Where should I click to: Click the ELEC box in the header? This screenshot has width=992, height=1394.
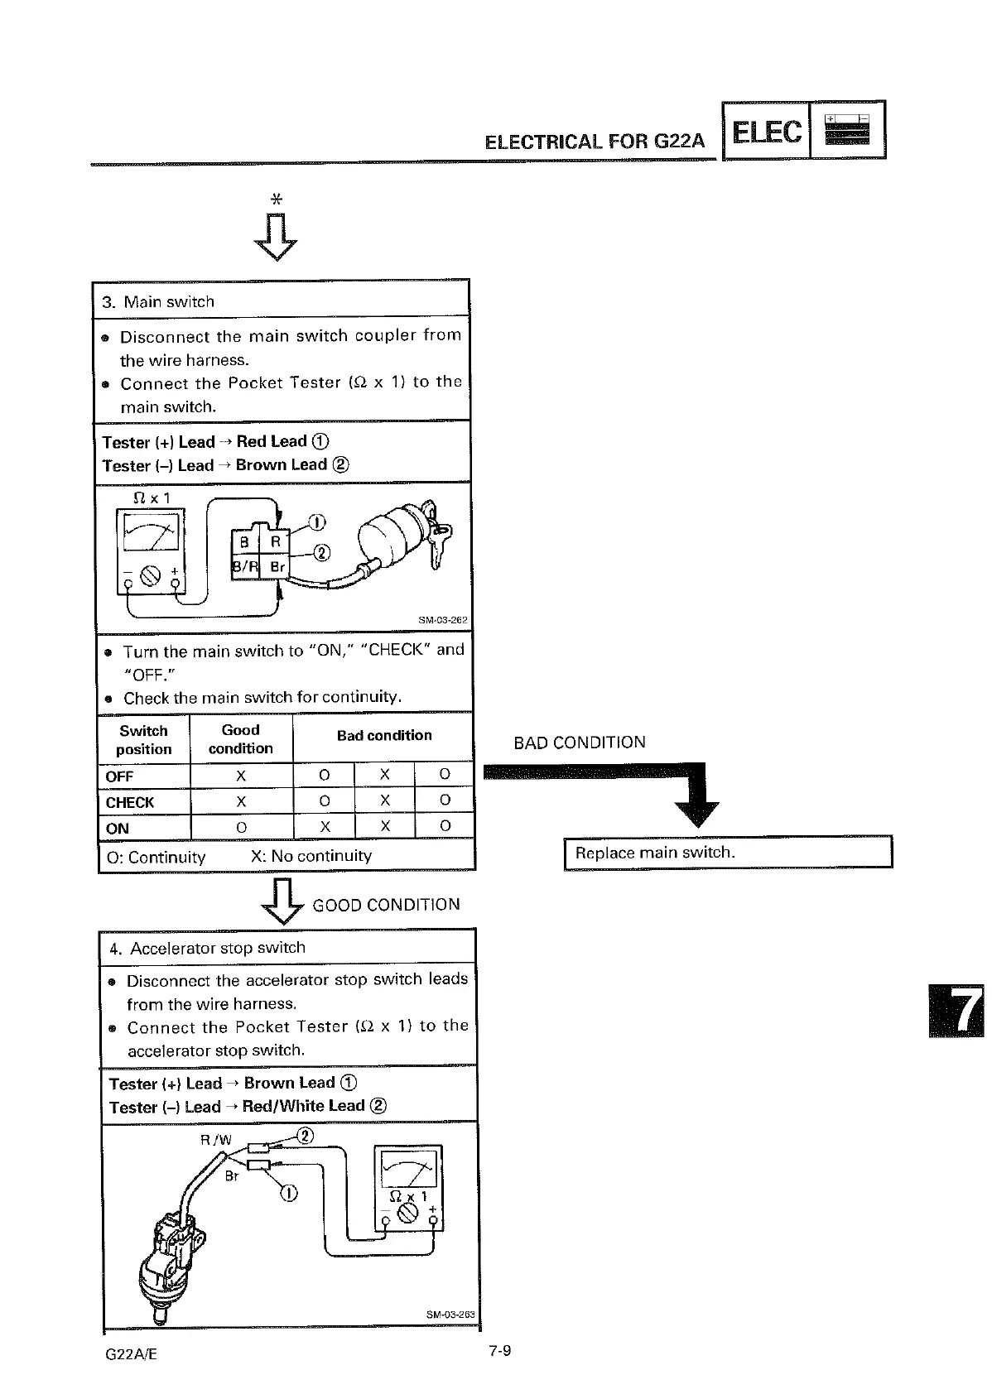click(x=767, y=131)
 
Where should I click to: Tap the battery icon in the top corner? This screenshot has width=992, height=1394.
click(x=846, y=130)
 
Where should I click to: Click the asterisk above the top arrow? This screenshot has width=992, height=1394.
click(x=277, y=199)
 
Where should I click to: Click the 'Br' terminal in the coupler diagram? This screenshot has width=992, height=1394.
click(x=277, y=567)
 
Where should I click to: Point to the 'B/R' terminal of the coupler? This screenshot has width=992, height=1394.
click(x=245, y=567)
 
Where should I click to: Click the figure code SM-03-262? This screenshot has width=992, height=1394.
click(x=444, y=620)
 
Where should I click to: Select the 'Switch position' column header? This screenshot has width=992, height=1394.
click(x=144, y=740)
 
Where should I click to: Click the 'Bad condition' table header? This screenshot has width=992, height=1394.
click(x=384, y=735)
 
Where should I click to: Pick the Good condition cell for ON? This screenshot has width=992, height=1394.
click(x=241, y=828)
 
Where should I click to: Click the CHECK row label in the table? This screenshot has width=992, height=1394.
click(x=130, y=802)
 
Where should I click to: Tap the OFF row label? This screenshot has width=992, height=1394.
click(x=120, y=776)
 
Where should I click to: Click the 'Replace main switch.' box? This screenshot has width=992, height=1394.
click(x=727, y=853)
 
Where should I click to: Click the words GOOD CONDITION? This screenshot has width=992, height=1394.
click(x=386, y=905)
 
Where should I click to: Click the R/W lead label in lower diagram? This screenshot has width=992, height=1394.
click(x=216, y=1140)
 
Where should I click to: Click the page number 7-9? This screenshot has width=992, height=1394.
click(x=499, y=1352)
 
